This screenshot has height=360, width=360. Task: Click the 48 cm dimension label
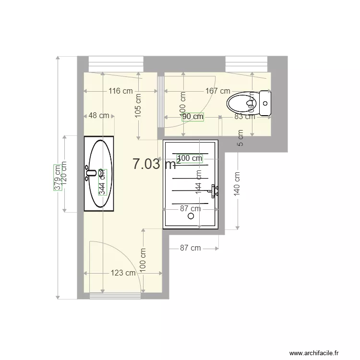[x=99, y=116]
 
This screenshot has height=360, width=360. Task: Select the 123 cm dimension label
[x=123, y=273]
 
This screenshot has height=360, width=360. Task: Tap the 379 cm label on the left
[x=58, y=178]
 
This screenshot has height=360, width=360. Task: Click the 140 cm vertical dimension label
[x=237, y=184]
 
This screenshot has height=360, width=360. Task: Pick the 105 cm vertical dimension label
[x=138, y=106]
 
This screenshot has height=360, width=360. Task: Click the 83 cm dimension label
[x=244, y=116]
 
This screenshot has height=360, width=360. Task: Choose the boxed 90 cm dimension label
[x=192, y=116]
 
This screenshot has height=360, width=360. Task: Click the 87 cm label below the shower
[x=191, y=248]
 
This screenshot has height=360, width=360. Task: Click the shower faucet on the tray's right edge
[x=214, y=191]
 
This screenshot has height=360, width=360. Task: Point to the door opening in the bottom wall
[x=115, y=296]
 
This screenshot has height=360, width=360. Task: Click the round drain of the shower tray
[x=192, y=216]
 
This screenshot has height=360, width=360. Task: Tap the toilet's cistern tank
[x=265, y=103]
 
